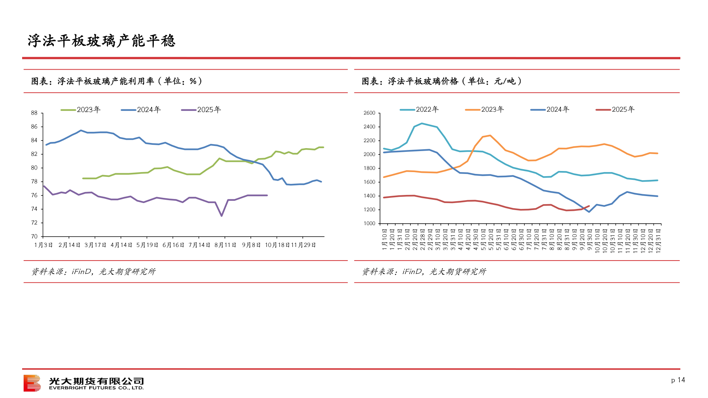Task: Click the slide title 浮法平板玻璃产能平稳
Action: [x=101, y=41]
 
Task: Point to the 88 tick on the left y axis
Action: [x=34, y=113]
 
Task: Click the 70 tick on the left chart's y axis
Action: [x=34, y=237]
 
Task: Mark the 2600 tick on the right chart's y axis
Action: [x=369, y=113]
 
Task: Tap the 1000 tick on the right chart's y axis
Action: [x=369, y=224]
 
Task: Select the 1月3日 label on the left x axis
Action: [x=44, y=245]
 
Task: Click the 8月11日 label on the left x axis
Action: [x=225, y=245]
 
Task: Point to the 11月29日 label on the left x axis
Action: [x=303, y=245]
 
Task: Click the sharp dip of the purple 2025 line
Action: [x=221, y=216]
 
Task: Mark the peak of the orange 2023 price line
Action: [x=490, y=136]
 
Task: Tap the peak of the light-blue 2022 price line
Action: [x=422, y=123]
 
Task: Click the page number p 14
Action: [x=678, y=380]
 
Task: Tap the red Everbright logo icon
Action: [x=32, y=383]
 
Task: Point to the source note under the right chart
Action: [x=424, y=272]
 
